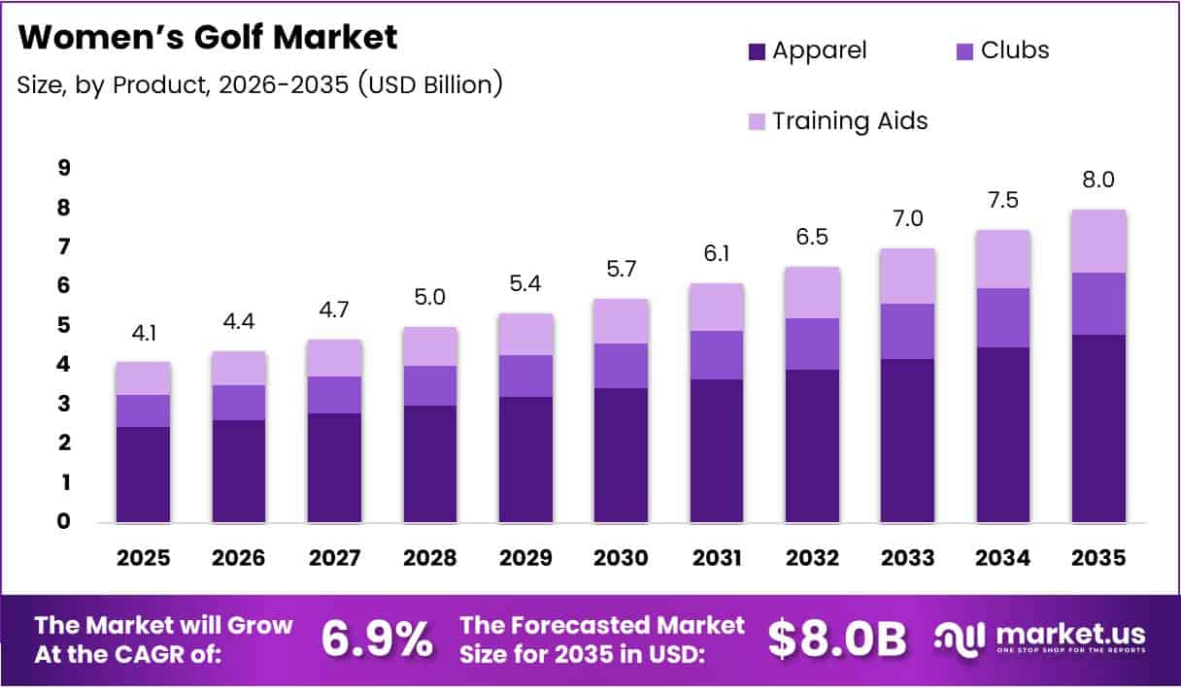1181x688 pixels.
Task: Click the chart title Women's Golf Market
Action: pyautogui.click(x=208, y=38)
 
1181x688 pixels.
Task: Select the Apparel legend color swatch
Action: pyautogui.click(x=758, y=51)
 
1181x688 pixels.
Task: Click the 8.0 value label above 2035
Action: pyautogui.click(x=1098, y=180)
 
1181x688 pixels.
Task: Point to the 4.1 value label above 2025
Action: pyautogui.click(x=143, y=332)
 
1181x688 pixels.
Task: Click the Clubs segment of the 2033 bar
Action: pyautogui.click(x=907, y=331)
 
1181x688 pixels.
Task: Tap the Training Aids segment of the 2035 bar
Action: pyautogui.click(x=1098, y=241)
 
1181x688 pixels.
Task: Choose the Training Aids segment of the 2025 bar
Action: pyautogui.click(x=143, y=377)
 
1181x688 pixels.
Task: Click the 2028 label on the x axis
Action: pyautogui.click(x=430, y=559)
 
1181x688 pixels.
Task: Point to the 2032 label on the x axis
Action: pyautogui.click(x=813, y=559)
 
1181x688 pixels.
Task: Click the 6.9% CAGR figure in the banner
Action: pyautogui.click(x=376, y=639)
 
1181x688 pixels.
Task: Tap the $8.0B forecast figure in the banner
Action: pyautogui.click(x=836, y=639)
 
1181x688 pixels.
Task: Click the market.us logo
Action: pyautogui.click(x=1039, y=639)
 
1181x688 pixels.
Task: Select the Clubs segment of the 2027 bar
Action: pyautogui.click(x=334, y=394)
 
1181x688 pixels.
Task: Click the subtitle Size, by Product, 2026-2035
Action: pyautogui.click(x=259, y=84)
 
